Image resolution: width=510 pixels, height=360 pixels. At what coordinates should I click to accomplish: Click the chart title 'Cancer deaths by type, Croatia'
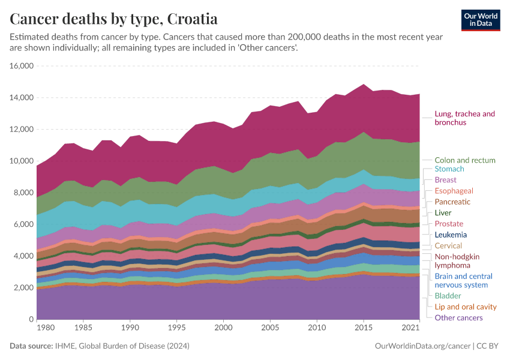tap(114, 19)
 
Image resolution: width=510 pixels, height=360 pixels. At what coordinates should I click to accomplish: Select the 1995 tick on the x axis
tap(177, 329)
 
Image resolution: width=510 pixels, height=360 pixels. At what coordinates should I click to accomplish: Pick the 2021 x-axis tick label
tap(411, 329)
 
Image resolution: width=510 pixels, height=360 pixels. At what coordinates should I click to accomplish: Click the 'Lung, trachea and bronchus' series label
tap(464, 118)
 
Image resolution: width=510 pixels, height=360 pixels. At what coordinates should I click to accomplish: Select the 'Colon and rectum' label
tap(465, 160)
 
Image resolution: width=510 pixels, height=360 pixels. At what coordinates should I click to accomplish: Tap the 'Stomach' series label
tap(449, 169)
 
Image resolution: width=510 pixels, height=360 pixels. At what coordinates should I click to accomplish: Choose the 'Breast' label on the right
tap(445, 180)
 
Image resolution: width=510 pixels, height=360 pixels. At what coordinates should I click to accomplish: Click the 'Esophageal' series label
tap(454, 191)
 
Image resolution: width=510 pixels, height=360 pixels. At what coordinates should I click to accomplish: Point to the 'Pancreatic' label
tap(452, 202)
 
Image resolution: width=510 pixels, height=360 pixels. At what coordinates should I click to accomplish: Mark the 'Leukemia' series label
tap(451, 235)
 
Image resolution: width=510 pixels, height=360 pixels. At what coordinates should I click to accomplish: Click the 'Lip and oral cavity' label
tap(466, 307)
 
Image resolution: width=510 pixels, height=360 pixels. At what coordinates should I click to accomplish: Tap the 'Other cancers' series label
tap(458, 317)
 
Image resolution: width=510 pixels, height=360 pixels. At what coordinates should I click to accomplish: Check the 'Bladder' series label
tap(448, 296)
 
